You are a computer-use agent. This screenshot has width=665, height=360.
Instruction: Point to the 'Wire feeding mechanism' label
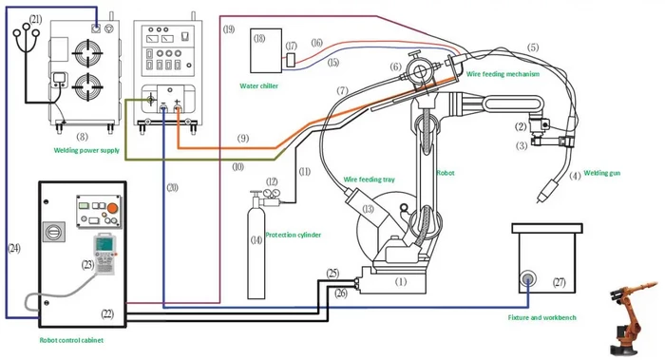point(503,73)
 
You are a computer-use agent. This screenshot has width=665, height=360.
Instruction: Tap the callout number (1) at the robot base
point(401,281)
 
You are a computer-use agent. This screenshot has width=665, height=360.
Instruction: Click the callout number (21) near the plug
point(35,18)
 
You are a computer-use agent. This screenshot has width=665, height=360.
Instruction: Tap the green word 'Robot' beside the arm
point(445,175)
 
